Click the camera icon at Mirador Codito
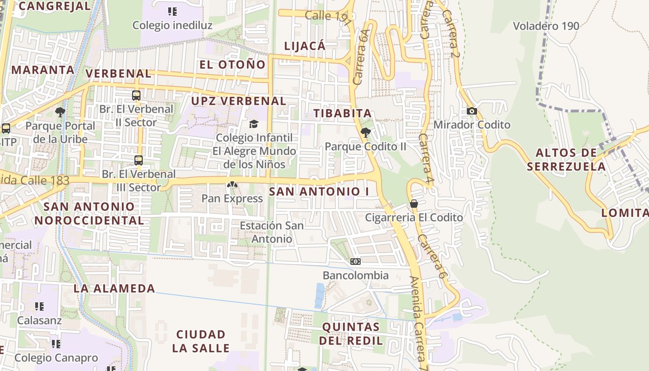[472, 111]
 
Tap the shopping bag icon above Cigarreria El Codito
[414, 204]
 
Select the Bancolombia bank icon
[356, 262]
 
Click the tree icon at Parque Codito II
[365, 133]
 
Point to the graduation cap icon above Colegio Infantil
[254, 124]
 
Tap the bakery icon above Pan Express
[232, 185]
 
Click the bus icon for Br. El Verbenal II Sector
[136, 96]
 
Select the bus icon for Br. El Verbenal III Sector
[138, 160]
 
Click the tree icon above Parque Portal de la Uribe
[60, 112]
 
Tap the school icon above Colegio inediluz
[172, 12]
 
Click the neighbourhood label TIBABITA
[343, 113]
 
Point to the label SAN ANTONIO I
[319, 191]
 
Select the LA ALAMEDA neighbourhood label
[115, 288]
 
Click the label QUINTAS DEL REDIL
[351, 333]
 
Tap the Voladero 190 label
[546, 26]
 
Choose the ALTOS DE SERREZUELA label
[566, 160]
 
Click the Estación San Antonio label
[272, 232]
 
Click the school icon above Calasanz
[39, 306]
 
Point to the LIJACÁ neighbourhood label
[305, 45]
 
